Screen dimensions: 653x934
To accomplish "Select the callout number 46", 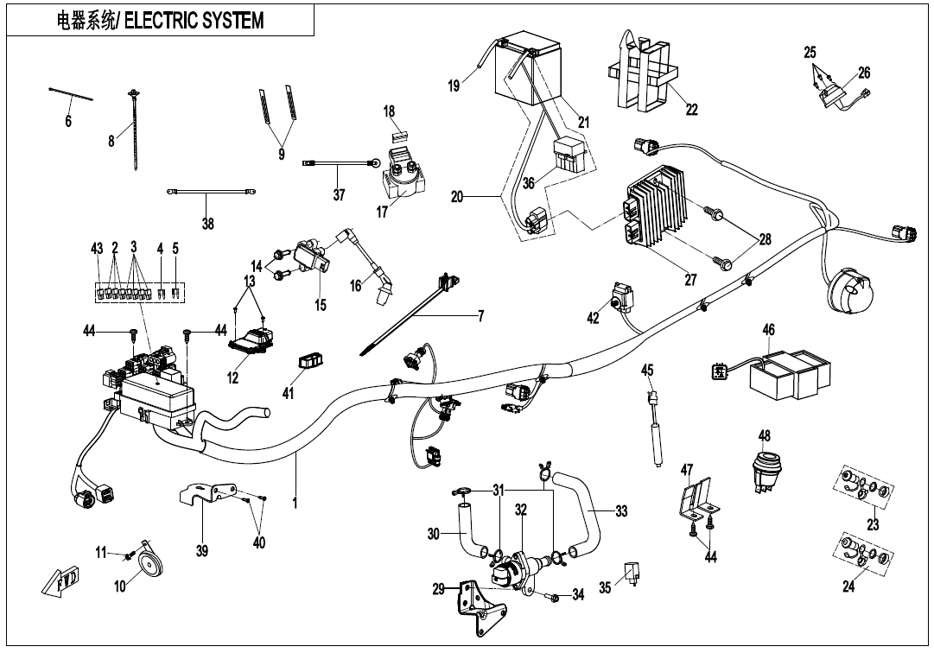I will coord(768,329).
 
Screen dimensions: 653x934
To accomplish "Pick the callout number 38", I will coord(207,223).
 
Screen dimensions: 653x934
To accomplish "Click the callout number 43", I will coord(97,249).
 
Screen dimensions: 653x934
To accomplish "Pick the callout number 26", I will coord(864,73).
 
